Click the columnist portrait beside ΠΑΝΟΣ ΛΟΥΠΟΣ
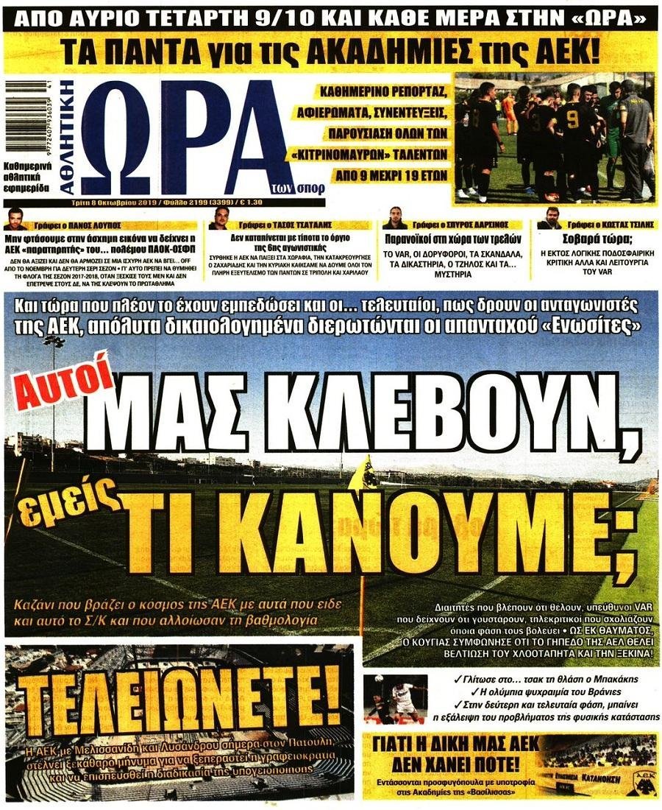[15, 219]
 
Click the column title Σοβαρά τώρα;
[595, 239]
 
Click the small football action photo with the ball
[396, 697]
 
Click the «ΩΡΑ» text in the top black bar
[617, 16]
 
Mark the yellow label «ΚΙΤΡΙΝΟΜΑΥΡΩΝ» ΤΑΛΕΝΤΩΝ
[381, 157]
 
